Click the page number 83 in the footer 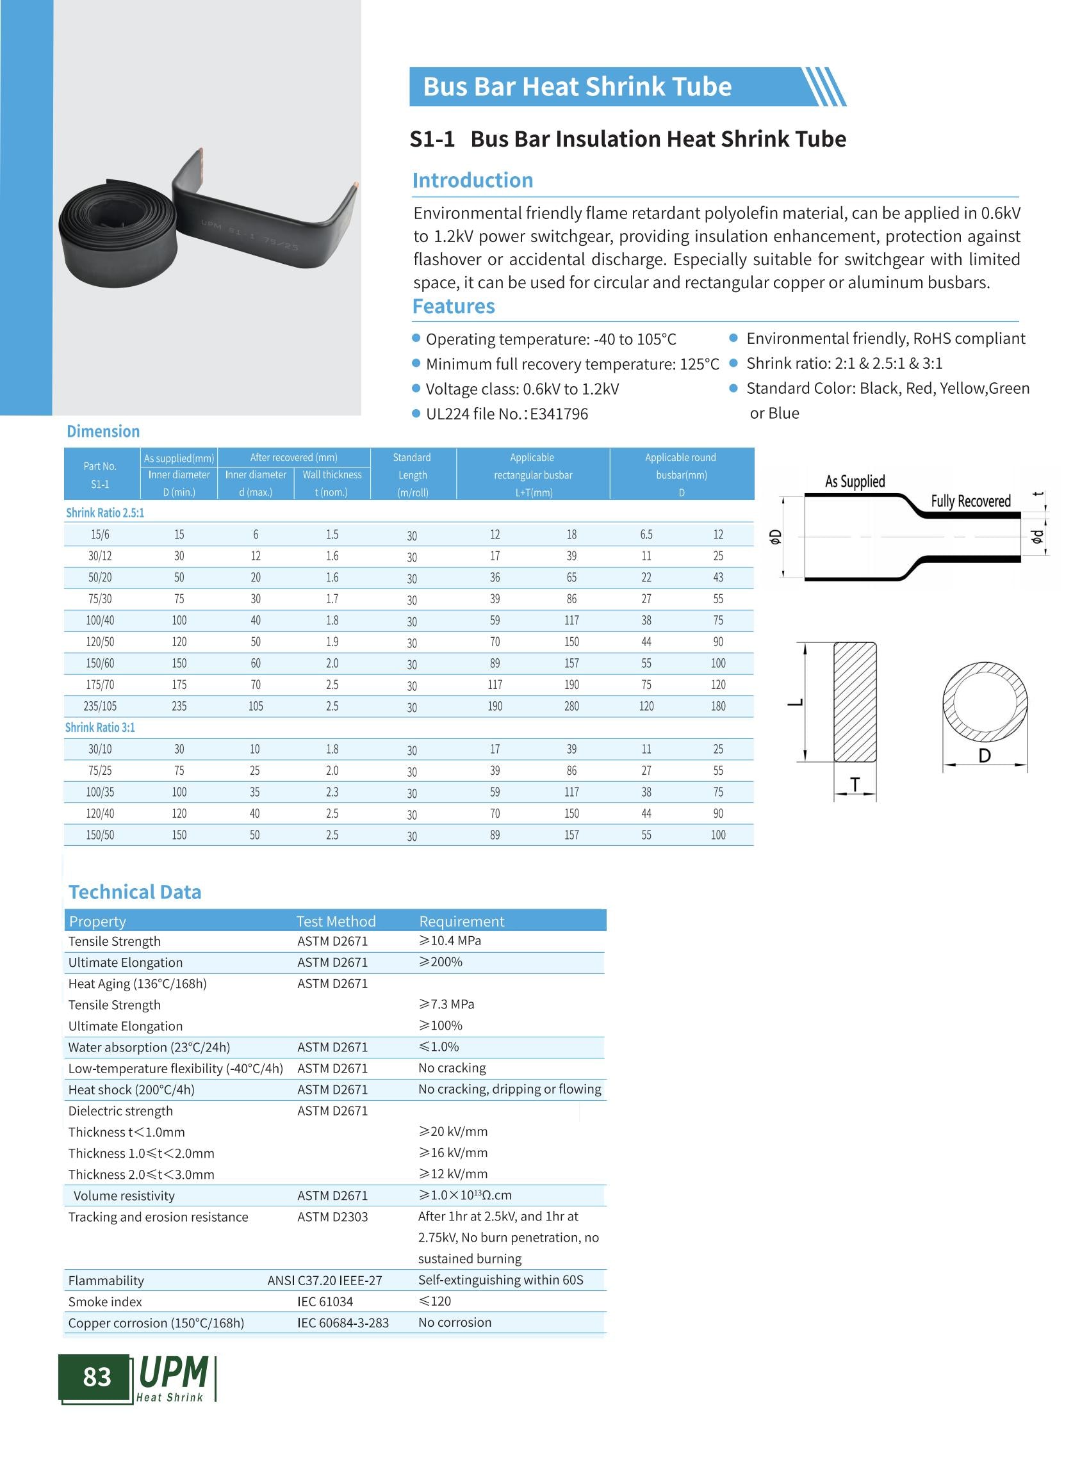point(97,1377)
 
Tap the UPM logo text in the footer point(174,1374)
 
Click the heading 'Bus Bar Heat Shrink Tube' point(577,87)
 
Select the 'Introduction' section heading point(472,180)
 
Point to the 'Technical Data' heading point(135,892)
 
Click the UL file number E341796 point(559,414)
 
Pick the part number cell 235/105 point(100,706)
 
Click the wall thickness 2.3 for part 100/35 point(332,791)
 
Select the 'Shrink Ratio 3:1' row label point(99,727)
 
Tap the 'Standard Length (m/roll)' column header point(412,474)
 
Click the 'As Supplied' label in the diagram point(855,481)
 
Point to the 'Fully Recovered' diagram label point(970,501)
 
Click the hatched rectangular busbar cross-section point(855,702)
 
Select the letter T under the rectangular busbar point(855,784)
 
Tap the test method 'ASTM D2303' point(332,1217)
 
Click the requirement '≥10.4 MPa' point(450,941)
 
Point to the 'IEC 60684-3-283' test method point(343,1323)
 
